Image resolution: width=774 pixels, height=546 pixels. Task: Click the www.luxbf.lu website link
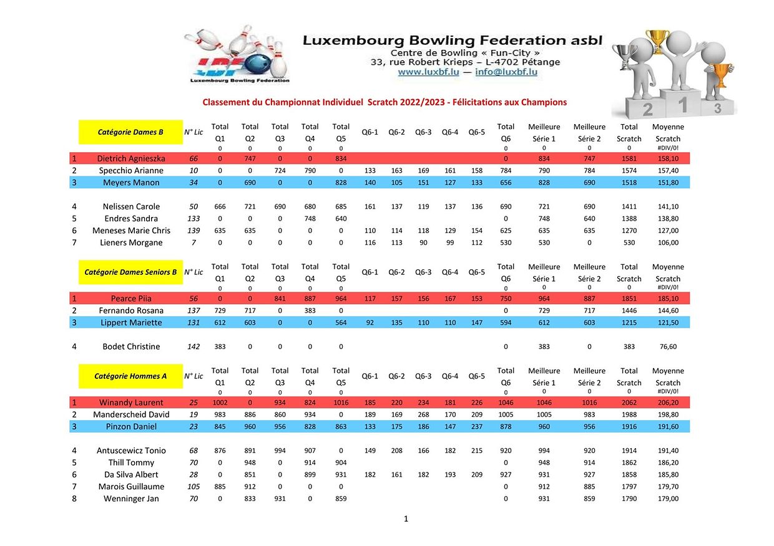point(429,72)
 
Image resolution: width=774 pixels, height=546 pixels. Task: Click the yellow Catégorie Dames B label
point(130,132)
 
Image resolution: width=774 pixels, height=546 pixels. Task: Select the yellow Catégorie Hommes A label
point(130,376)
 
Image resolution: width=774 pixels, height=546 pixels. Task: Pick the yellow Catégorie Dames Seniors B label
point(130,272)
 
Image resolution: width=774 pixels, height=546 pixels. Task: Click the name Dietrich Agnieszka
point(131,159)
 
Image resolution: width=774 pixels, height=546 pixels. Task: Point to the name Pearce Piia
point(131,299)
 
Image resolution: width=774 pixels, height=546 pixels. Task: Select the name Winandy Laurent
point(131,403)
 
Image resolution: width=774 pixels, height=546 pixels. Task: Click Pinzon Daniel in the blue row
point(131,427)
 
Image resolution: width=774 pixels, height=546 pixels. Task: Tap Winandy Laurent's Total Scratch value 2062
point(629,403)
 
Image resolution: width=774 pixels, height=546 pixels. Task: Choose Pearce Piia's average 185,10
point(668,299)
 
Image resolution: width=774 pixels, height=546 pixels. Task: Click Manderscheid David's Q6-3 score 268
point(423,414)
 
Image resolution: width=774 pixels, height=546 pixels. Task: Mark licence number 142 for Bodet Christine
point(193,347)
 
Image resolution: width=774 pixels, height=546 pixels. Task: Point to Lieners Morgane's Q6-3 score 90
point(423,242)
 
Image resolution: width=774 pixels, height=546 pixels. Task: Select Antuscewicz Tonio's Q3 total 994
point(280,451)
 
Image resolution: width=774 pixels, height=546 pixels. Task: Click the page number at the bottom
point(406,519)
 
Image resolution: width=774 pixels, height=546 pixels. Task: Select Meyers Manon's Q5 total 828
point(341,183)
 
